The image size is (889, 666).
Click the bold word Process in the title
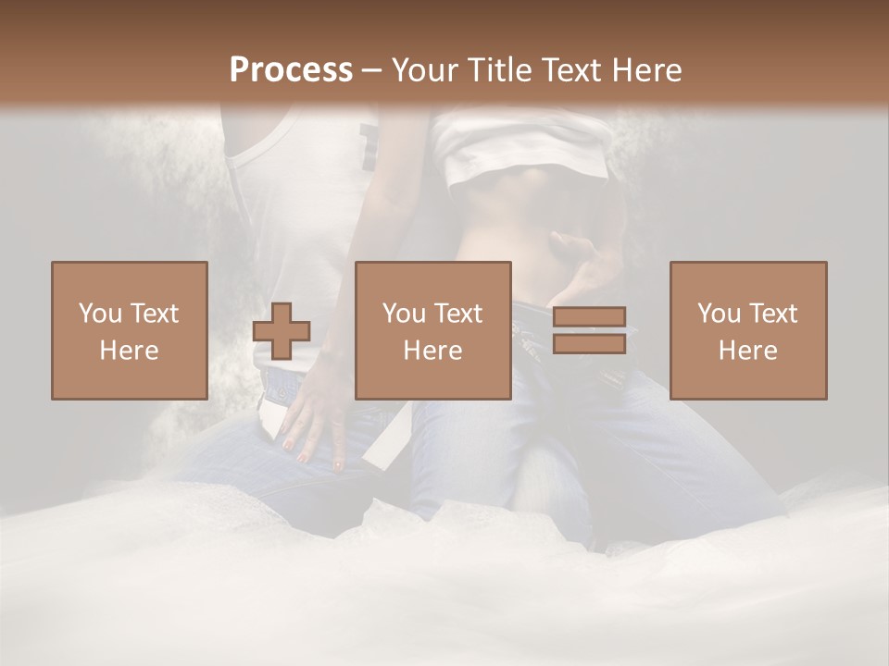click(x=291, y=69)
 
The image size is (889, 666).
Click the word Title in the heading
click(x=499, y=69)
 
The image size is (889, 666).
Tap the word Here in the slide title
click(x=644, y=69)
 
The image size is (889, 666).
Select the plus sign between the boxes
click(x=282, y=331)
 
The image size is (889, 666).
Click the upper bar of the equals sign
click(x=589, y=317)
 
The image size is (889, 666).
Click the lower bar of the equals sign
click(x=589, y=344)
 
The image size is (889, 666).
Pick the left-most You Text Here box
click(x=130, y=330)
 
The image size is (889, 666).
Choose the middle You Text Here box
click(x=433, y=330)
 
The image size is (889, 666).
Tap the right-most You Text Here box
click(x=748, y=330)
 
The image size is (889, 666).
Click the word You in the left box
click(x=99, y=314)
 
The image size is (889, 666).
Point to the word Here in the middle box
click(x=433, y=351)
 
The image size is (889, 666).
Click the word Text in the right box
click(x=773, y=314)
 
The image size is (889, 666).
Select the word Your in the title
click(x=424, y=69)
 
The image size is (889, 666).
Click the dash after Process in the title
click(x=371, y=70)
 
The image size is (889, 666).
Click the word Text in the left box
click(x=155, y=314)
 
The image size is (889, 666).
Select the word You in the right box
click(x=718, y=314)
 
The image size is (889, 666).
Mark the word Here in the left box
click(x=130, y=351)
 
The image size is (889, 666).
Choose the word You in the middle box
click(x=403, y=314)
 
